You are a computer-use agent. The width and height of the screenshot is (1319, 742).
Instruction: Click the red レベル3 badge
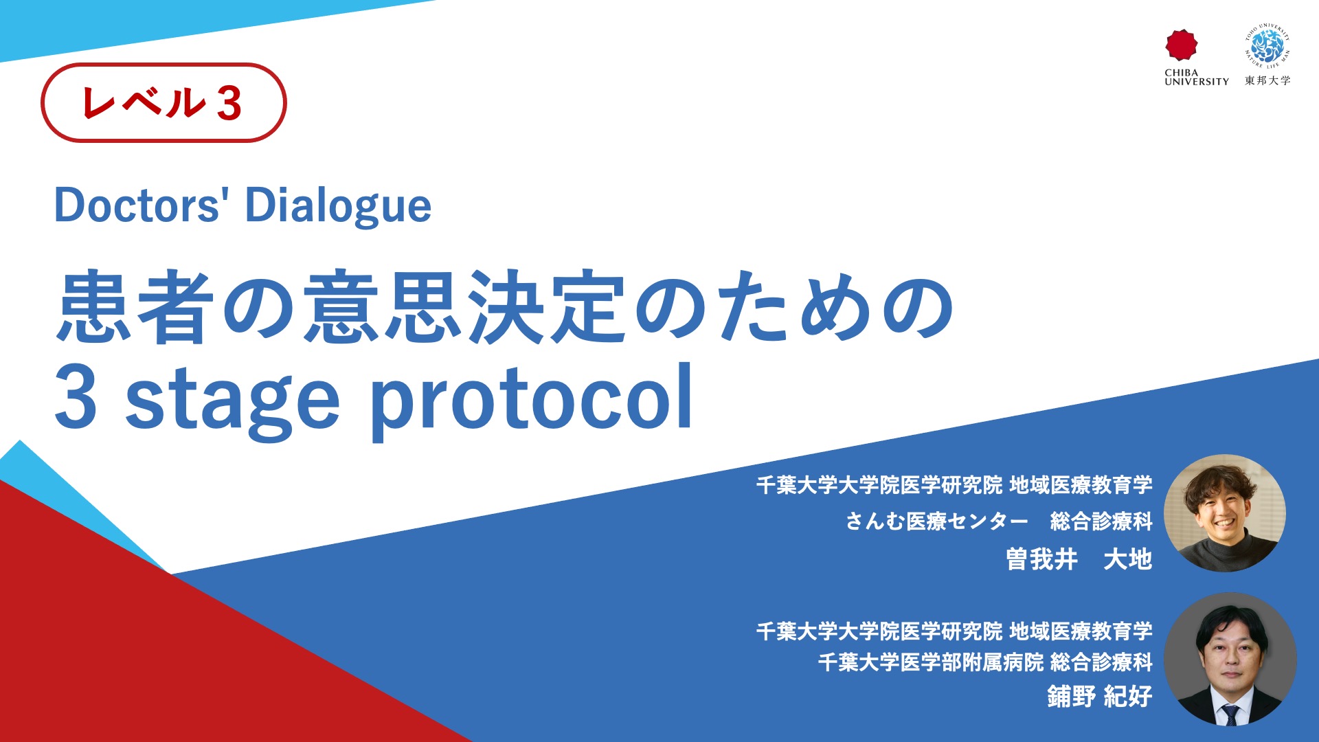point(164,102)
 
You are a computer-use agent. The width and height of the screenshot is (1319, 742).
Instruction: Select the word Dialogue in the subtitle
point(338,206)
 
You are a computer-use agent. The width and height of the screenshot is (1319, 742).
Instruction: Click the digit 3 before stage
point(76,398)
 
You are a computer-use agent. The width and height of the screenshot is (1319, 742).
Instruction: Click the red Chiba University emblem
point(1181,45)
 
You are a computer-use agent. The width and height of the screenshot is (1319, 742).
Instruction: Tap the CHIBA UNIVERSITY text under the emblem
point(1197,77)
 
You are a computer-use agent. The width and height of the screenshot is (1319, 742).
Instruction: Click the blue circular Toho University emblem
point(1267,47)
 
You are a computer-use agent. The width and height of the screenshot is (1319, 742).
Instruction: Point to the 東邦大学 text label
point(1267,80)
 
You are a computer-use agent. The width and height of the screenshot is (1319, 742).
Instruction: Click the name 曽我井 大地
point(1079,559)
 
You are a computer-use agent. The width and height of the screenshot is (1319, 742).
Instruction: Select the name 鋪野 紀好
point(1100,696)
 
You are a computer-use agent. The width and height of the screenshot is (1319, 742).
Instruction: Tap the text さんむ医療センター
point(937,521)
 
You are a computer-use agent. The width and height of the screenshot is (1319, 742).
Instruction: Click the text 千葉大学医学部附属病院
point(931,662)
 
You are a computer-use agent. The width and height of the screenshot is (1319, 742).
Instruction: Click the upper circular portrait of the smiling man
point(1224,513)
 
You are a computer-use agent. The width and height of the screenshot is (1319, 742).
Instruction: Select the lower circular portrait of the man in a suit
point(1230,659)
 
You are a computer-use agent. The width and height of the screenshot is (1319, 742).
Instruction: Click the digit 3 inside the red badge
point(229,104)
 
